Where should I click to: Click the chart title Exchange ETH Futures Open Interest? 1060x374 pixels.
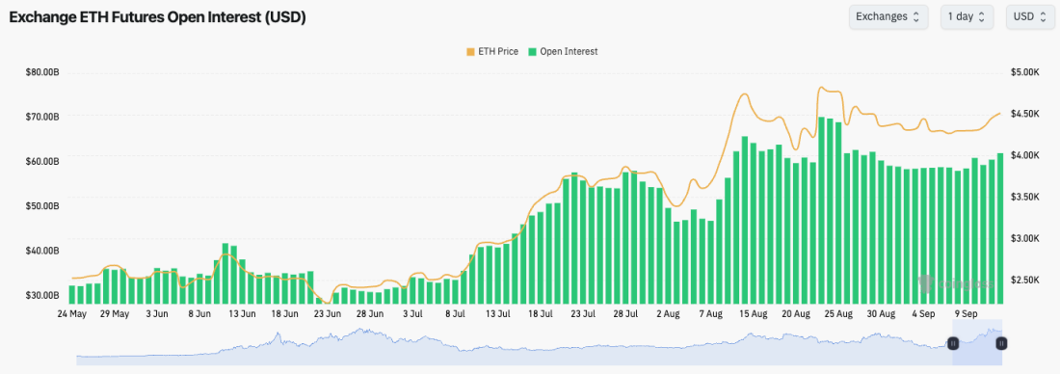[x=157, y=17]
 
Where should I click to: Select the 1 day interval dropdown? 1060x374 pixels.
[x=966, y=16]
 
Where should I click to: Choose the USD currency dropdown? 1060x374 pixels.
[x=1029, y=16]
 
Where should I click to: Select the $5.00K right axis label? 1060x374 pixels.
[x=1024, y=72]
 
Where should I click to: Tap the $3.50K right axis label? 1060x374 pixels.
[x=1024, y=197]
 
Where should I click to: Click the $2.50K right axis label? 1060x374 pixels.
[x=1024, y=280]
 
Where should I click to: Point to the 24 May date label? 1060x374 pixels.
[x=72, y=314]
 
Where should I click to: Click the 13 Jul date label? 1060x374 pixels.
[x=497, y=314]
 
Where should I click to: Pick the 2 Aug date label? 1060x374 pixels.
[x=668, y=314]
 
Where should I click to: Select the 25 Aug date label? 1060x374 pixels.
[x=838, y=314]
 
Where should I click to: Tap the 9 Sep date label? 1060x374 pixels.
[x=966, y=314]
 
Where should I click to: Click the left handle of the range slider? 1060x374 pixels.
[x=953, y=343]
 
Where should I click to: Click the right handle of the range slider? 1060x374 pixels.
[x=1001, y=343]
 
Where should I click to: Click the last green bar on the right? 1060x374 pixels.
[x=1000, y=227]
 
